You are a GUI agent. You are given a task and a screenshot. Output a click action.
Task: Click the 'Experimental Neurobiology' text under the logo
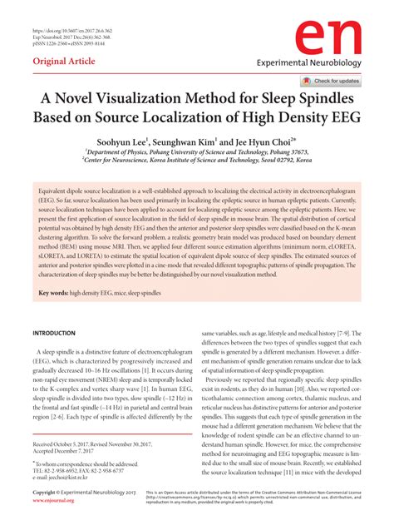pos(331,62)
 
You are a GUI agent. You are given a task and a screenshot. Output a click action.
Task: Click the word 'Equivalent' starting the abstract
pos(56,191)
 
